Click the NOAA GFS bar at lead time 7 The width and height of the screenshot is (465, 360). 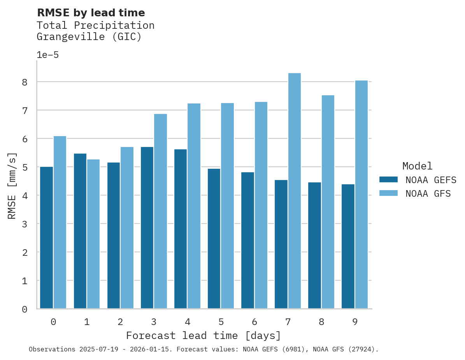point(295,191)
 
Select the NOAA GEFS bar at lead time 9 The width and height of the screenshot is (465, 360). point(348,246)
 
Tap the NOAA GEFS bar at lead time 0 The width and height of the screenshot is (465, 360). point(46,238)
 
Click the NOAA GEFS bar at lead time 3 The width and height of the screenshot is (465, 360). point(147,228)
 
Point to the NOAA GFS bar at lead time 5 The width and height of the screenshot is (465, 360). point(228,206)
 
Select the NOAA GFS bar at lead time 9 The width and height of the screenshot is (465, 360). point(361,194)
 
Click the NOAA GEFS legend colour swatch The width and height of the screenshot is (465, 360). point(388,180)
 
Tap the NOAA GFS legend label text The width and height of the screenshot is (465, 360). point(428,194)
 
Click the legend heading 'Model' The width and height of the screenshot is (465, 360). point(417,166)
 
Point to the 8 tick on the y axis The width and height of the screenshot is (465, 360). point(25,82)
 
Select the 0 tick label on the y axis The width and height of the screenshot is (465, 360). point(25,309)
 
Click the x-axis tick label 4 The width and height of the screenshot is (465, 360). point(188,322)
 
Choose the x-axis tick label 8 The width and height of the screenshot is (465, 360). point(321,322)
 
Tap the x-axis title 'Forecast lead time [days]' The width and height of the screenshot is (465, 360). point(203,336)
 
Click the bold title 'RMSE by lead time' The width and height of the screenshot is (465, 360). point(91,13)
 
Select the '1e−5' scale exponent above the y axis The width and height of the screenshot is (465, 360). point(47,55)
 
